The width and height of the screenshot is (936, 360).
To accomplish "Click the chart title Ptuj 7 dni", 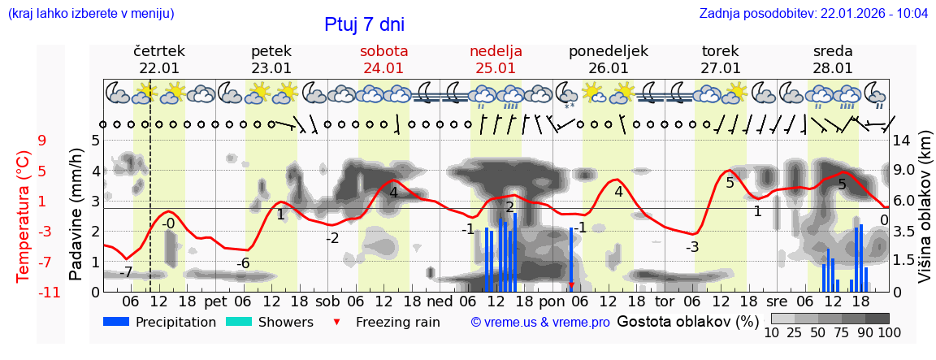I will click(364, 24).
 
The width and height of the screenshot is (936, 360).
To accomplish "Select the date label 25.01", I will click(496, 68).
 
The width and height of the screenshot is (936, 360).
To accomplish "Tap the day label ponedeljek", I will click(608, 51).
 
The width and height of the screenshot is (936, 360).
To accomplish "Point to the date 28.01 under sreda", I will click(833, 68).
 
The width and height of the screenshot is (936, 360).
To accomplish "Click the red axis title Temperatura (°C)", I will click(23, 216).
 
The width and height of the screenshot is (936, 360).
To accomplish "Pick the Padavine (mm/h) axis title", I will click(76, 215).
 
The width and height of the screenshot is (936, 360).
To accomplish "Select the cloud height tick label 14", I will click(902, 141).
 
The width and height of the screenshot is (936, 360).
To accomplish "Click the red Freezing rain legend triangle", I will click(337, 323).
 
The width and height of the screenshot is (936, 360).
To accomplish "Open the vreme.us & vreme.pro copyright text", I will click(539, 323).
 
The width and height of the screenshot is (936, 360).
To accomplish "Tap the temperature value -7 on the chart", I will click(126, 272).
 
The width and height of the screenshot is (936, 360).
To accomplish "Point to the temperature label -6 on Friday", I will click(243, 263).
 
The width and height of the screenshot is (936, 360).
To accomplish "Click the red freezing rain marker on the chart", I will click(571, 285).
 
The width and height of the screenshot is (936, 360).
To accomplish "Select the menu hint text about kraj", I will click(90, 13).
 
